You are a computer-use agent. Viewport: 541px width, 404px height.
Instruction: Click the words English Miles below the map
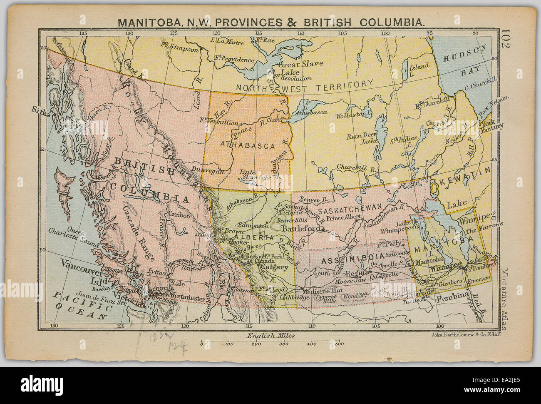pos(270,335)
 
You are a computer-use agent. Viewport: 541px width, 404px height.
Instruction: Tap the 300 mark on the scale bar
pos(283,344)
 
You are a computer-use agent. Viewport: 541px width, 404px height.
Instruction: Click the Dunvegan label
pos(208,171)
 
